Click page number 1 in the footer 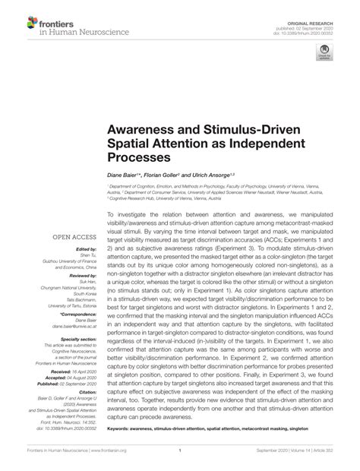pyautogui.click(x=179, y=461)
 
